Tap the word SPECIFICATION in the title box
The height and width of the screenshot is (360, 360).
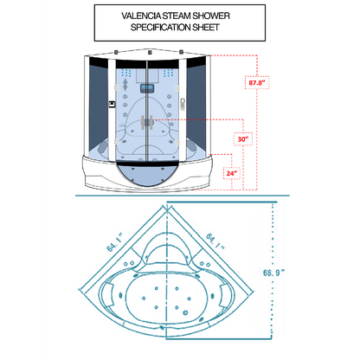point(159,28)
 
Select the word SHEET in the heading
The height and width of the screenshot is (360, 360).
point(205,28)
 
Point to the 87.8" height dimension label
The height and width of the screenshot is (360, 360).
point(257,83)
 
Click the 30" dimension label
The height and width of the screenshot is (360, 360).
point(243,139)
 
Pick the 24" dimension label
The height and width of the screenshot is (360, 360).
point(232,173)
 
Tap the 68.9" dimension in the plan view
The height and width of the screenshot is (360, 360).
point(273,273)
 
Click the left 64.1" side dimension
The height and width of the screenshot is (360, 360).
point(115,242)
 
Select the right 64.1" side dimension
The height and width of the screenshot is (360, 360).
point(215,241)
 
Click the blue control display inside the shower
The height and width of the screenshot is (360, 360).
point(147,88)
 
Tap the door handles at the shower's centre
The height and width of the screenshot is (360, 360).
point(147,122)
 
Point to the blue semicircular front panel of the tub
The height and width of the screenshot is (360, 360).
point(147,175)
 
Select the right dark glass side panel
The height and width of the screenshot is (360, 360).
point(196,107)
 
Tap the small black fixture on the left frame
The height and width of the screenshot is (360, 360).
point(112,104)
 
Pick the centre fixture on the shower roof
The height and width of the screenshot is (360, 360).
point(150,53)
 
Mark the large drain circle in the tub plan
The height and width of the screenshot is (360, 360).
point(185,312)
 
